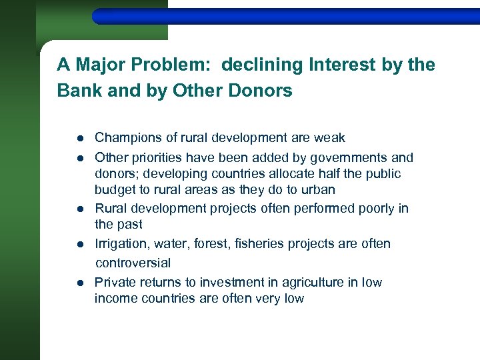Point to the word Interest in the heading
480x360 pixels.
(339, 65)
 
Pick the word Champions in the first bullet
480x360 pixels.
(128, 138)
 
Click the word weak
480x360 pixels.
(330, 138)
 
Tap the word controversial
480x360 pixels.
(133, 263)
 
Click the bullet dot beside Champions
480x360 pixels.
(79, 139)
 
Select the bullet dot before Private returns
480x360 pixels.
(79, 283)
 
